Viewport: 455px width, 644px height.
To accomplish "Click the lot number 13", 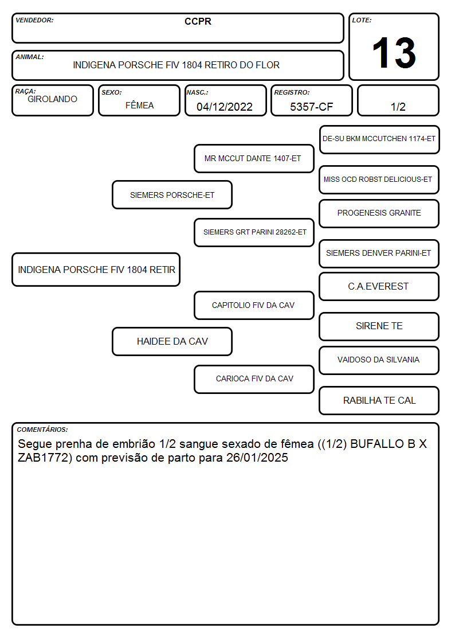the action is (x=394, y=53).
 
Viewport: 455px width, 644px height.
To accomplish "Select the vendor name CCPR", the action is (x=198, y=21).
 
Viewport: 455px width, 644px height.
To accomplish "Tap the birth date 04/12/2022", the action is (x=225, y=107).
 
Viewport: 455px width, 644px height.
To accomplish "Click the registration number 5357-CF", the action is (x=311, y=107).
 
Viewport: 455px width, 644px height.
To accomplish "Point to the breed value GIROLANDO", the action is (x=52, y=99).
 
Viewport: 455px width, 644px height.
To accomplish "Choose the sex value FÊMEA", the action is (x=139, y=105).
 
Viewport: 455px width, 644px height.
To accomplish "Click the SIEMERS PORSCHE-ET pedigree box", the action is (x=172, y=195).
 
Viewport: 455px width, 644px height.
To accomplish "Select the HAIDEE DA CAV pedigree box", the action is (x=172, y=341).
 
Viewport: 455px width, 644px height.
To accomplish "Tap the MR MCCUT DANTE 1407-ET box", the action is (x=254, y=158).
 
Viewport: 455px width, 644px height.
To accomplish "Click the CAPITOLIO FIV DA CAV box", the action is (x=254, y=305).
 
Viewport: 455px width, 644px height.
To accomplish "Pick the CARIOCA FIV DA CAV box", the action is (x=254, y=379).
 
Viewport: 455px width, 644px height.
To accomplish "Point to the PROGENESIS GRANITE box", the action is (x=379, y=213).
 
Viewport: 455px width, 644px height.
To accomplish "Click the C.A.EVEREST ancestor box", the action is (x=379, y=286).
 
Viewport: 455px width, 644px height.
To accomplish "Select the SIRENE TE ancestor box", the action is (x=379, y=326).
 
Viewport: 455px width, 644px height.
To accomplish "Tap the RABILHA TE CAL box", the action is (x=379, y=400).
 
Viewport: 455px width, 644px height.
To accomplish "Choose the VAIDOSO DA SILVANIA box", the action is (x=379, y=360).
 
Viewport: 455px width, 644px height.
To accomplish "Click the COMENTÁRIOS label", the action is (x=42, y=430).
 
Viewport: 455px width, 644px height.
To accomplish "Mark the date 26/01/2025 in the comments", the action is (x=257, y=458).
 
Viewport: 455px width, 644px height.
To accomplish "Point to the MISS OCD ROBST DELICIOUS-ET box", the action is (x=379, y=179).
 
